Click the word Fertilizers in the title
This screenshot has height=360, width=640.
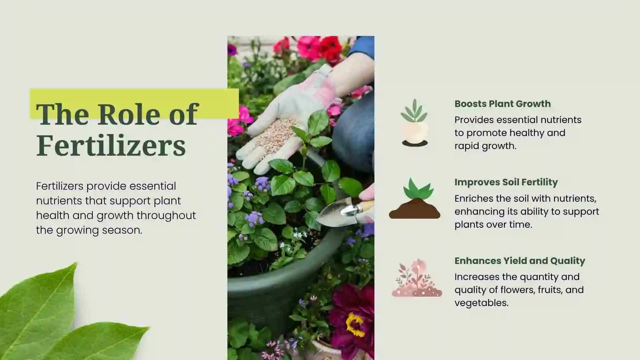(x=111, y=145)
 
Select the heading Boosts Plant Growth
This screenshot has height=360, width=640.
(x=502, y=104)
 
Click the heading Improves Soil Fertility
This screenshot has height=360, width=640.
(x=506, y=182)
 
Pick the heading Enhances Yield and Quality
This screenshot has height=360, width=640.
(x=520, y=261)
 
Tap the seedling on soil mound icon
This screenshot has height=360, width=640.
(x=414, y=200)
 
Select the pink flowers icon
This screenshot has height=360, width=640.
(x=417, y=279)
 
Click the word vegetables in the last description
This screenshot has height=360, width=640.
(x=481, y=303)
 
